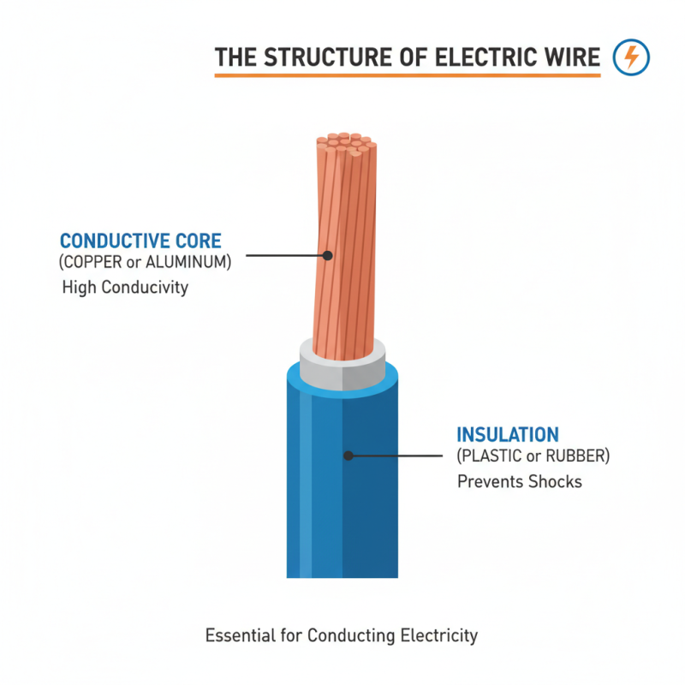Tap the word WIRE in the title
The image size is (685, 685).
[x=570, y=58]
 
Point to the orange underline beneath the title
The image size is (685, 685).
[x=407, y=76]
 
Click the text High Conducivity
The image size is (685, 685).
[x=125, y=288]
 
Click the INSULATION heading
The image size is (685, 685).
[x=508, y=434]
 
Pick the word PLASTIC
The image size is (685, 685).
[x=494, y=456]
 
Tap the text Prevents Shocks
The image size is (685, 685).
[x=520, y=481]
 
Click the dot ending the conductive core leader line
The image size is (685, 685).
[x=326, y=254]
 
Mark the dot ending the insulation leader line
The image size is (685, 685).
[x=348, y=456]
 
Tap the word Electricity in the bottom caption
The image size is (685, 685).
[x=439, y=636]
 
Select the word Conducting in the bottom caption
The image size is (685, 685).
[x=349, y=636]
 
